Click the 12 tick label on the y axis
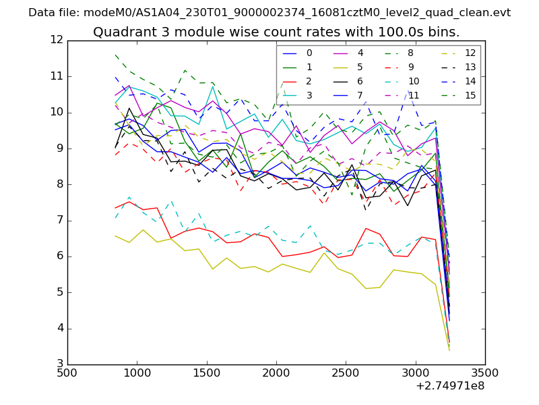point(57,40)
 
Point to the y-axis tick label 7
point(59,221)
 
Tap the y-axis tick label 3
point(59,365)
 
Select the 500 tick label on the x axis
point(67,373)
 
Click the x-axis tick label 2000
point(276,373)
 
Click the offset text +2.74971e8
point(449,387)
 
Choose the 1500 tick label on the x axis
point(207,373)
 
